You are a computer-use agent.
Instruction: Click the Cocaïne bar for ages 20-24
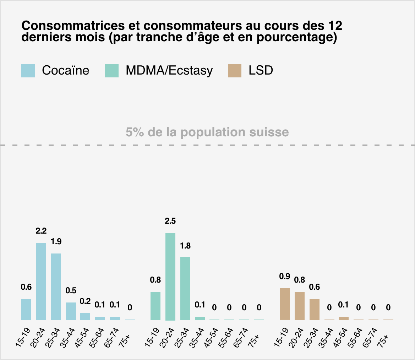coord(41,281)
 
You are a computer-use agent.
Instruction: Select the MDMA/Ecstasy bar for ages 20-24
coord(170,276)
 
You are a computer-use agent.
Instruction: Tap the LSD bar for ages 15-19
coord(285,304)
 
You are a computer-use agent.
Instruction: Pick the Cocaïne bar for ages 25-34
coord(56,287)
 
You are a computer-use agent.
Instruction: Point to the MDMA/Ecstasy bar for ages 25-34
coord(185,288)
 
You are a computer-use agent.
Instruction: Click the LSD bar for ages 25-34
coord(315,309)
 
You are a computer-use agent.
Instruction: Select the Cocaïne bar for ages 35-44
coord(71,311)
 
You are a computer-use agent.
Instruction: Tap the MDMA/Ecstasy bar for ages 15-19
coord(155,306)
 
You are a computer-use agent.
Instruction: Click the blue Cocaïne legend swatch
coord(28,71)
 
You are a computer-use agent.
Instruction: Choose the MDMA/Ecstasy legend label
coord(169,71)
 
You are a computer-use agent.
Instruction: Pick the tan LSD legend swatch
coord(235,71)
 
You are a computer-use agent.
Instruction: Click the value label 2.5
coord(170,221)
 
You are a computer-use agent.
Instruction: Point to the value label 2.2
coord(41,231)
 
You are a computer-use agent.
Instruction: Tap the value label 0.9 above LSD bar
coord(285,277)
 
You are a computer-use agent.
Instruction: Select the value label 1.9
coord(56,242)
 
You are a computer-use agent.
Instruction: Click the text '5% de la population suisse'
coord(207,132)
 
